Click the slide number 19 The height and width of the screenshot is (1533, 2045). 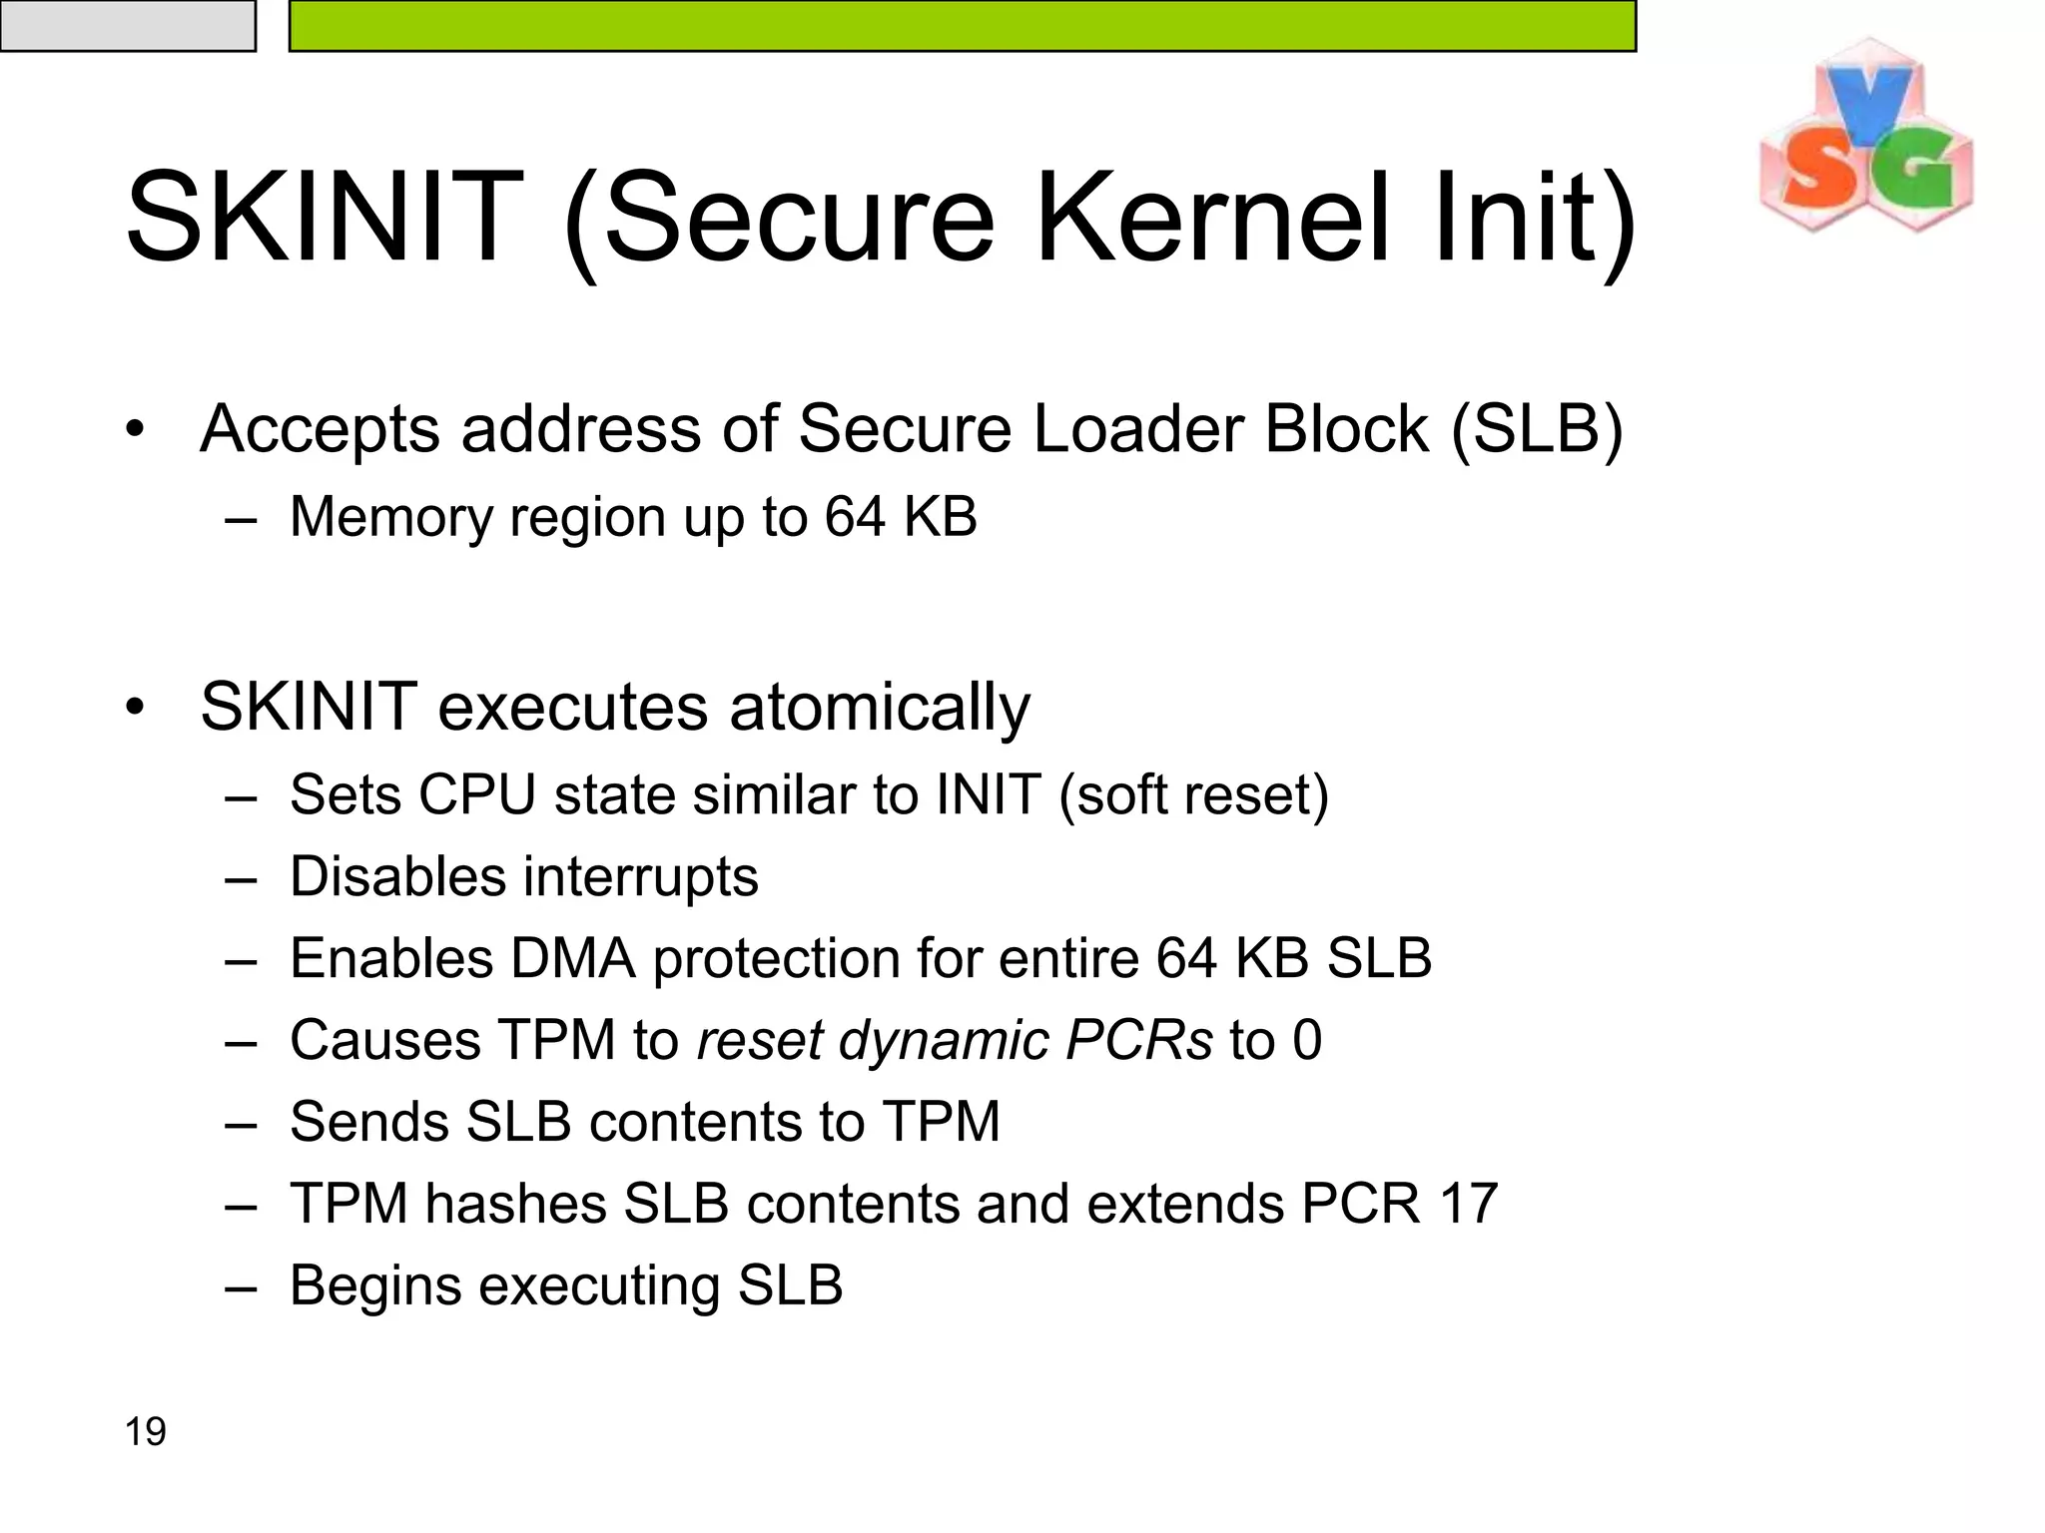pyautogui.click(x=145, y=1431)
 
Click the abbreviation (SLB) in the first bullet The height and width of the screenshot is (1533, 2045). pyautogui.click(x=1536, y=429)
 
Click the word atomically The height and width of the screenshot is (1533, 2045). pyautogui.click(x=880, y=707)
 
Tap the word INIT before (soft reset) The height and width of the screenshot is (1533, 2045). pyautogui.click(x=988, y=795)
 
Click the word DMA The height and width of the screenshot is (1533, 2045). pyautogui.click(x=573, y=958)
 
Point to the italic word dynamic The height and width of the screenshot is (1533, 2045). pyautogui.click(x=944, y=1040)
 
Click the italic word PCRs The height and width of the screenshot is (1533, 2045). pyautogui.click(x=1138, y=1040)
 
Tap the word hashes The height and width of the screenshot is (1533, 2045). pyautogui.click(x=515, y=1204)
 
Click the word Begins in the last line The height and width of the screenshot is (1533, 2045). pyautogui.click(x=375, y=1285)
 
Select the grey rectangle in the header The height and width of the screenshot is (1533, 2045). pyautogui.click(x=128, y=25)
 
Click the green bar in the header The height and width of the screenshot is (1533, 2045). pyautogui.click(x=962, y=25)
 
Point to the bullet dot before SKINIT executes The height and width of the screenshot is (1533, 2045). pyautogui.click(x=136, y=708)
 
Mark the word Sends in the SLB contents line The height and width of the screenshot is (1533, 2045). pyautogui.click(x=369, y=1122)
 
